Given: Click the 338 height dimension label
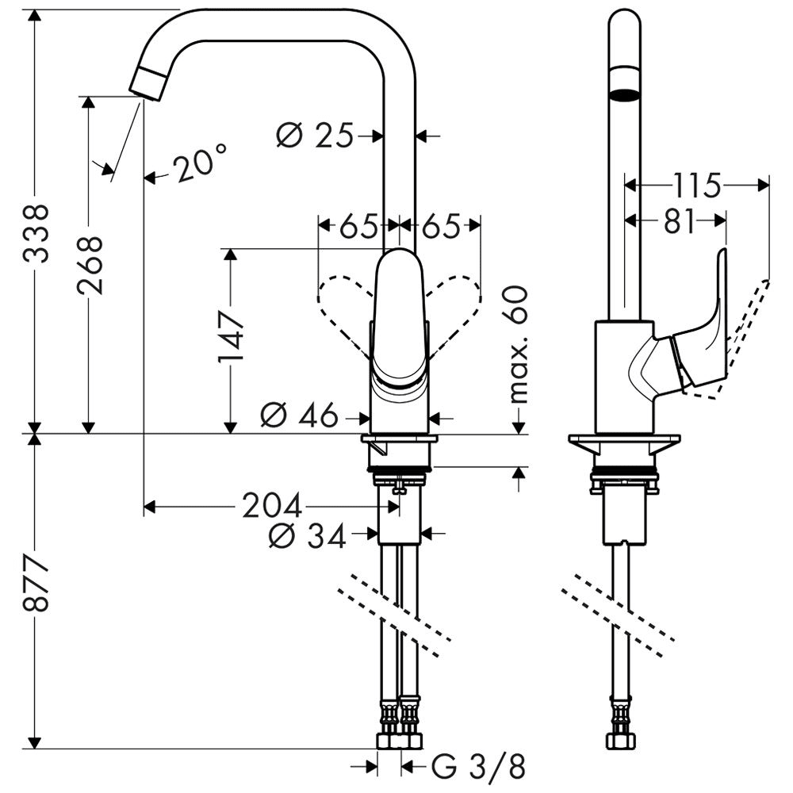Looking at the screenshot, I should (x=36, y=233).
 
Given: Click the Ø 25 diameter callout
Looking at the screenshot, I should (x=314, y=136).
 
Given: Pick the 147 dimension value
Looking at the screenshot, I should (x=231, y=336).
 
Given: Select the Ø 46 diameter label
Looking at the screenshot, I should (x=299, y=416).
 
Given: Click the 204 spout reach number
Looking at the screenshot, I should (x=271, y=506).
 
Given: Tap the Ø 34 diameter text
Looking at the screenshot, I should (x=307, y=537).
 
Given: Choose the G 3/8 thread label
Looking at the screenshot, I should (x=479, y=767).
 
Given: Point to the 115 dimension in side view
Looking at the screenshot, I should (x=697, y=186).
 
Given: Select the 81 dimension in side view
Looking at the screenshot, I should (x=679, y=221).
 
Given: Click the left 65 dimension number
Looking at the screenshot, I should (x=358, y=228).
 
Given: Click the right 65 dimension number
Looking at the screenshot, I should (x=441, y=228).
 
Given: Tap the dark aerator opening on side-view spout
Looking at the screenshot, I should (x=624, y=96).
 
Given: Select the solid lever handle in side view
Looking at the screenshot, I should (x=706, y=333).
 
